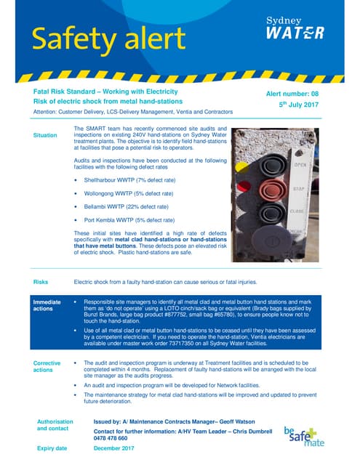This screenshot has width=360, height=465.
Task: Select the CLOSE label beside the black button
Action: (x=297, y=211)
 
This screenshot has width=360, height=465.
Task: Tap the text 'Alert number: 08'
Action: (x=296, y=93)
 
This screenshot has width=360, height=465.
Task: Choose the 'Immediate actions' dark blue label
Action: (x=48, y=304)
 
